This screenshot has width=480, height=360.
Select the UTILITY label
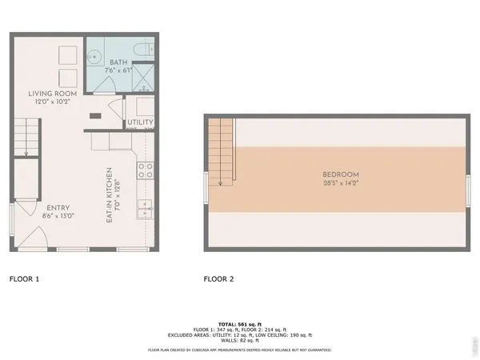pyautogui.click(x=140, y=122)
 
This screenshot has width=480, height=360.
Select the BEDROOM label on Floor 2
pyautogui.click(x=340, y=174)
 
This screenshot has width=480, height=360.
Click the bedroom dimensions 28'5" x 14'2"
pyautogui.click(x=340, y=183)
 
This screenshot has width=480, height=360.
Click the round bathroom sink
pyautogui.click(x=94, y=57)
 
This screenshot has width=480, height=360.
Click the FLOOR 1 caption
pyautogui.click(x=24, y=279)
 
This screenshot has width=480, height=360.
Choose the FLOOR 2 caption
pyautogui.click(x=218, y=279)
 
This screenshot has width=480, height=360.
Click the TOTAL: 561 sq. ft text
pyautogui.click(x=239, y=322)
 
